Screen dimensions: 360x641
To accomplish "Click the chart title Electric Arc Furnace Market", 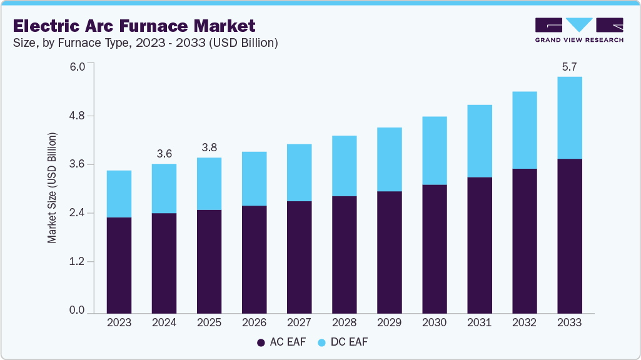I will click(x=134, y=26).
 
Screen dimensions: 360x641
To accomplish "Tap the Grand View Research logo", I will click(x=578, y=30).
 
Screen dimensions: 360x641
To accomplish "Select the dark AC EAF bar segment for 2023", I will click(x=119, y=265).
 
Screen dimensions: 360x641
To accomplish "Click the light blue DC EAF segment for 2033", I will click(x=569, y=117).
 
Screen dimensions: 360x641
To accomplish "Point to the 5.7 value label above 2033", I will click(x=569, y=66).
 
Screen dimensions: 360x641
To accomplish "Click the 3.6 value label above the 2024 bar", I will click(x=164, y=153).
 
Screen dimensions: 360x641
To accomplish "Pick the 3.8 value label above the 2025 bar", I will click(x=209, y=147).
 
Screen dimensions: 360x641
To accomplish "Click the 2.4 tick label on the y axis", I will click(x=76, y=213).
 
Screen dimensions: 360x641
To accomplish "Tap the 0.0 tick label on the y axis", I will click(x=76, y=311).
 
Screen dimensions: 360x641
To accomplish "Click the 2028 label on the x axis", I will click(x=344, y=322).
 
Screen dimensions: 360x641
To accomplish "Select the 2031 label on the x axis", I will click(x=479, y=322).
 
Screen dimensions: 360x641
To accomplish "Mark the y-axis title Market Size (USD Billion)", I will click(x=53, y=188).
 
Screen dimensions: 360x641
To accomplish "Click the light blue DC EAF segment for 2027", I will click(x=299, y=172).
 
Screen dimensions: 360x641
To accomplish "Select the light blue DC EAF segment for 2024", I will click(x=164, y=188).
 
